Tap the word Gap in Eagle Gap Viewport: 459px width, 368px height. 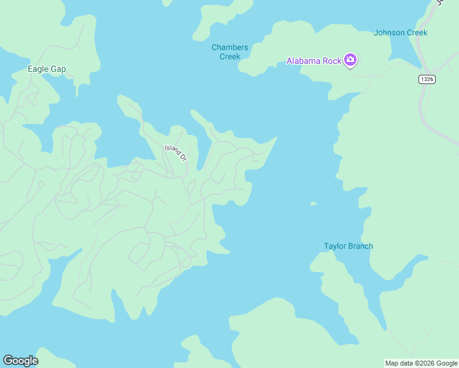coord(58,69)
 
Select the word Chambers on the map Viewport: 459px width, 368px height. coord(230,48)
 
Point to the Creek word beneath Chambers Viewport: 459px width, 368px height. coord(230,56)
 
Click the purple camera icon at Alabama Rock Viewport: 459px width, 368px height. coord(350,60)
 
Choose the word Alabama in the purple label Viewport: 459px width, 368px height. coord(305,61)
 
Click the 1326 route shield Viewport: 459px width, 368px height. coord(427,80)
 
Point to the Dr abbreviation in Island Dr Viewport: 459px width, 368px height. coord(183,157)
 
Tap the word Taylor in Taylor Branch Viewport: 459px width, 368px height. coord(335,247)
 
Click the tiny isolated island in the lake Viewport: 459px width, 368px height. coord(314,204)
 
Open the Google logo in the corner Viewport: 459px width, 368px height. coord(20,361)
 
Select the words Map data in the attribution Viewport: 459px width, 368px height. coord(398,364)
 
